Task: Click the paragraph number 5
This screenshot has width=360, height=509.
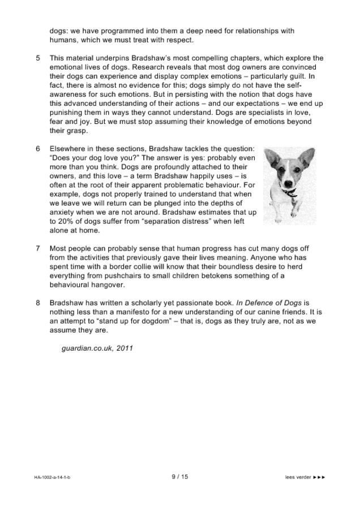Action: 38,58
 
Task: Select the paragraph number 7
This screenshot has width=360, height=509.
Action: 38,248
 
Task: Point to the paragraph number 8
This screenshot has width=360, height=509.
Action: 38,303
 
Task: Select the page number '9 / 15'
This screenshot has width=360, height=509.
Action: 179,477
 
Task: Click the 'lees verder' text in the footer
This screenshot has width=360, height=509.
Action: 298,477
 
